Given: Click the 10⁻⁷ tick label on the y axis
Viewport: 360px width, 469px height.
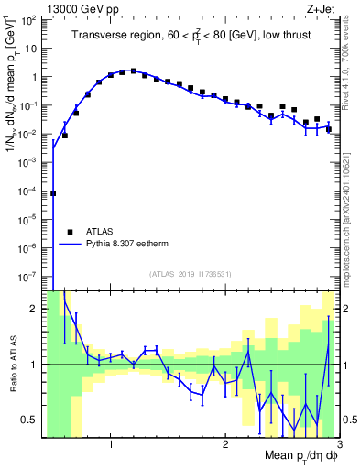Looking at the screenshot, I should point(28,276).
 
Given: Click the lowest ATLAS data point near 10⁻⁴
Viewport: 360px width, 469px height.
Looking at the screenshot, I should point(53,193).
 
